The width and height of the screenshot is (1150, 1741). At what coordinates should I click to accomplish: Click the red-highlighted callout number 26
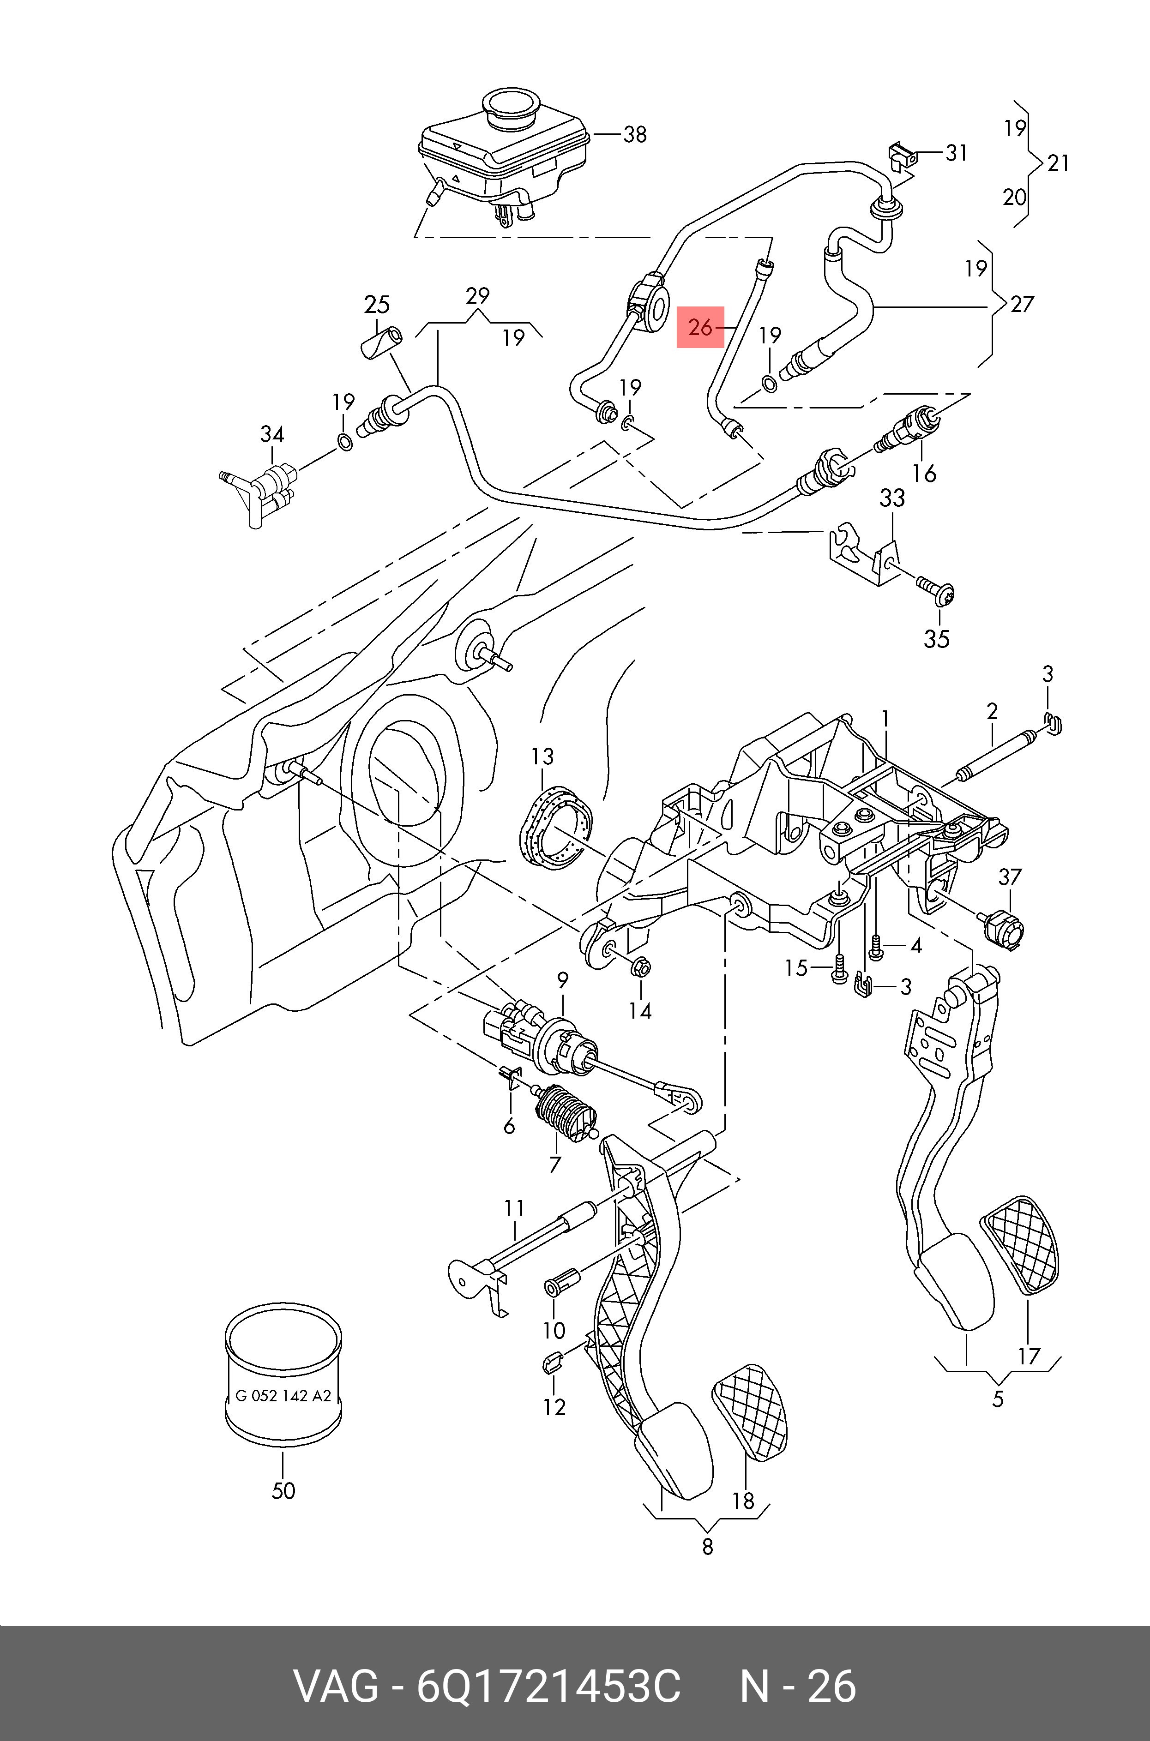point(700,327)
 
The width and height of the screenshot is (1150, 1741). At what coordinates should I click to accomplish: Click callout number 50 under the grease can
point(283,1490)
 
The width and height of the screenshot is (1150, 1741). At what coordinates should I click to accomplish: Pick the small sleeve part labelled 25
point(383,343)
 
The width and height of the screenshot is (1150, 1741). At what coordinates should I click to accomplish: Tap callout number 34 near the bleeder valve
point(272,434)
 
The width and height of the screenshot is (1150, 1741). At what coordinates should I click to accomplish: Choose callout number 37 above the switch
point(1010,876)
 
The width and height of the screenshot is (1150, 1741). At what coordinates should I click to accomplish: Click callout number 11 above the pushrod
point(514,1207)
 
